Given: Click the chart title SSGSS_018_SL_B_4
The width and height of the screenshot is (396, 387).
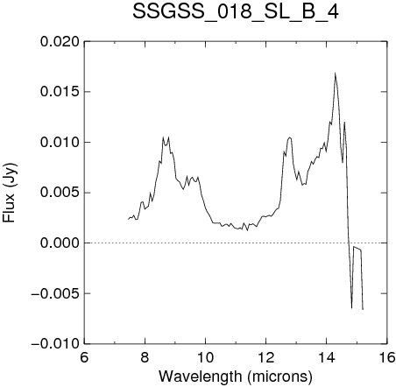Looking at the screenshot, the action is [x=236, y=11].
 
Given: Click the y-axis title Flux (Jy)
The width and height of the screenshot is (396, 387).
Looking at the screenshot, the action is [x=10, y=193].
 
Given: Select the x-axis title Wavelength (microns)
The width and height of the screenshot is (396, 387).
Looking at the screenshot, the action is [x=236, y=376].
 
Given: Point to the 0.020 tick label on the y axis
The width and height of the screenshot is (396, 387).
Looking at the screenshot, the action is [x=60, y=42].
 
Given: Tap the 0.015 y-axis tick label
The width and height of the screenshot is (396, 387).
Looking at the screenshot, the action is [x=60, y=92].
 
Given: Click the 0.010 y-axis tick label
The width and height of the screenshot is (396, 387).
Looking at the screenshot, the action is [x=60, y=143].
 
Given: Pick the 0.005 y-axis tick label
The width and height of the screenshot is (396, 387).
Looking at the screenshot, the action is [x=60, y=193].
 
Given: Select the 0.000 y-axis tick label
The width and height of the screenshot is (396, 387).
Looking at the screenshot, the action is [x=60, y=243].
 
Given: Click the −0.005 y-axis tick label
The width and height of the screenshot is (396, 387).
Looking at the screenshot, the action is [x=55, y=293].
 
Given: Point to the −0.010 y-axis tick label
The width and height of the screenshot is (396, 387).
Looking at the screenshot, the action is [x=55, y=343].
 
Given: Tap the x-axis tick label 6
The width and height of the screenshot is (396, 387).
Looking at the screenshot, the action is [x=84, y=357].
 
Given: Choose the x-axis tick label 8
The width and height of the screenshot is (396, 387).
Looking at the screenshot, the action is [x=145, y=357].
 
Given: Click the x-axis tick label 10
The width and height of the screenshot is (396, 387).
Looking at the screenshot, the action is [x=205, y=357].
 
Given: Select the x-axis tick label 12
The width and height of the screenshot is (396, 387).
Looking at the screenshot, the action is [x=266, y=357].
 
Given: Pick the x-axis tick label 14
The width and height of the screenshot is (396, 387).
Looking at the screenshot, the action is [x=327, y=357].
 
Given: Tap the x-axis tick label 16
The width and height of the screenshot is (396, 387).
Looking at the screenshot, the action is [x=387, y=357].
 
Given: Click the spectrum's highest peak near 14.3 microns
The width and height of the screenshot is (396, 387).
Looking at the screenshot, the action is [x=336, y=73].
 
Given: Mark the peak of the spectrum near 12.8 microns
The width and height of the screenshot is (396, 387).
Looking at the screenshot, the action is [x=289, y=137].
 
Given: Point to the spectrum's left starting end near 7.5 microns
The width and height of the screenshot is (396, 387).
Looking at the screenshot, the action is [x=129, y=219].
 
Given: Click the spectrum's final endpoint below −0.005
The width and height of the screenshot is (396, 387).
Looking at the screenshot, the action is [x=363, y=309].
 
